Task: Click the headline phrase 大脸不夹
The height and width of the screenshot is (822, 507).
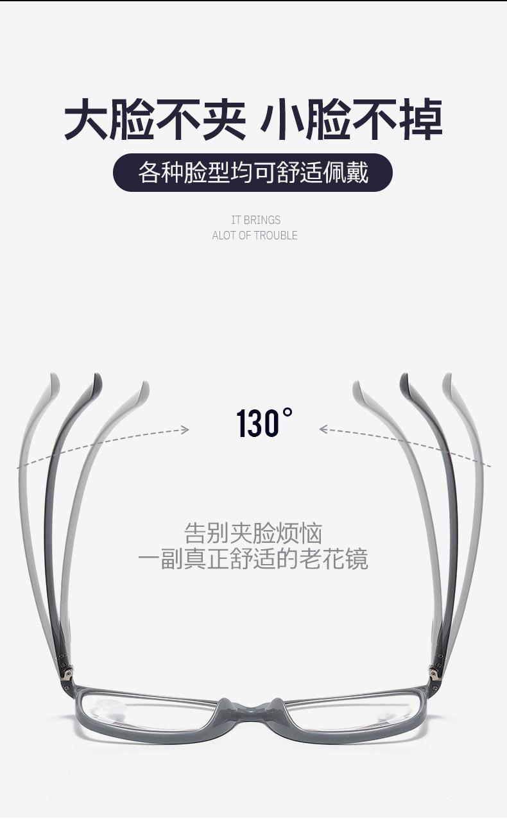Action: (x=155, y=119)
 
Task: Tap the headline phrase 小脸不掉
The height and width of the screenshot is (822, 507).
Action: (x=351, y=119)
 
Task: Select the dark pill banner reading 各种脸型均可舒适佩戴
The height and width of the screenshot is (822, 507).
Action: (x=253, y=173)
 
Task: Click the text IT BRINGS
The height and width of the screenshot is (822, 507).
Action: (x=255, y=220)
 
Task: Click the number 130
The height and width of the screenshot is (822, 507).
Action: (x=258, y=424)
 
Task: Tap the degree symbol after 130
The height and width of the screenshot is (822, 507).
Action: (x=288, y=411)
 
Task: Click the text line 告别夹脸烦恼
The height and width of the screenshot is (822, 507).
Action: (x=253, y=533)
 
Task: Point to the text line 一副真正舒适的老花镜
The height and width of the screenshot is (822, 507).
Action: (x=253, y=559)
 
